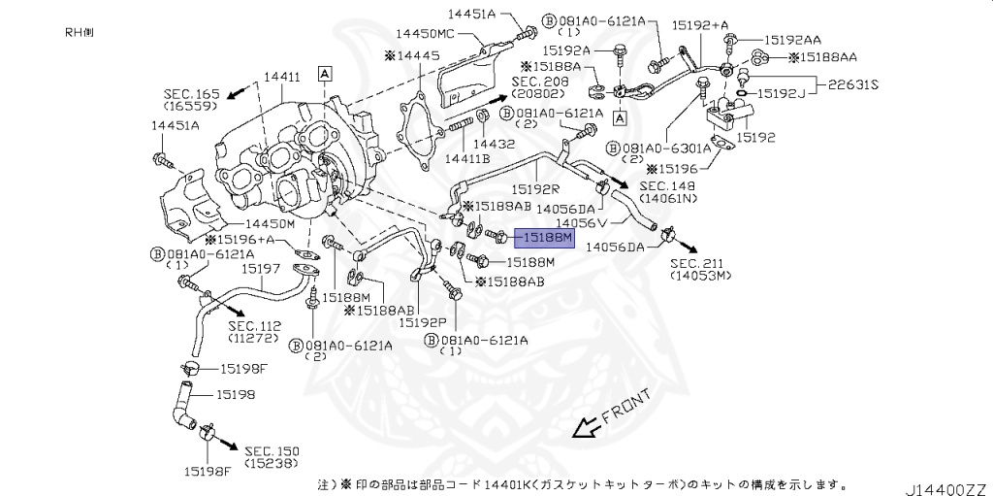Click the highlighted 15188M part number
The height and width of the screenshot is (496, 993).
tap(545, 237)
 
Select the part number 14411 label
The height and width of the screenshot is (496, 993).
tap(281, 76)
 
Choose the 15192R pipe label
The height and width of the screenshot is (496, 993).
tap(535, 190)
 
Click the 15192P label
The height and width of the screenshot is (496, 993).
tap(424, 321)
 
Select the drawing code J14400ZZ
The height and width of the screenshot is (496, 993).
tap(946, 486)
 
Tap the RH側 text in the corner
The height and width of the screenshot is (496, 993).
tap(80, 32)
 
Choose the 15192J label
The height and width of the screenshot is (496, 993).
tap(782, 94)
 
